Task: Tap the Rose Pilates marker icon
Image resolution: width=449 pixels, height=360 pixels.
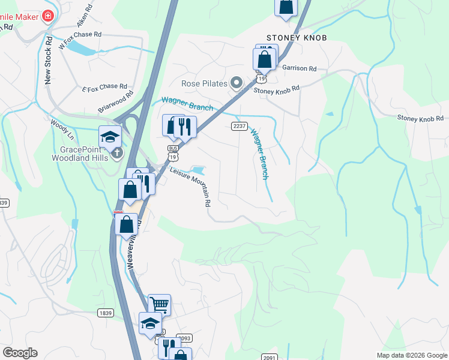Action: [x=237, y=83]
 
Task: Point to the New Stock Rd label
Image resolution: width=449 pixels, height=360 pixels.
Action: [x=49, y=59]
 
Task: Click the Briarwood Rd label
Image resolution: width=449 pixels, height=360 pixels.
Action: [x=115, y=102]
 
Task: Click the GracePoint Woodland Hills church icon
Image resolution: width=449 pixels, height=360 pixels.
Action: [x=117, y=152]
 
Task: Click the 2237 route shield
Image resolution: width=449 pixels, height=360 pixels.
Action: [x=239, y=125]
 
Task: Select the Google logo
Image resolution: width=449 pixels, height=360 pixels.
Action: [x=20, y=353]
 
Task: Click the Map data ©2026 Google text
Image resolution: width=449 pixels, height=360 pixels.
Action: [x=411, y=355]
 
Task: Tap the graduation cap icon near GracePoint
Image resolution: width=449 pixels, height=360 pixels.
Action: [x=110, y=137]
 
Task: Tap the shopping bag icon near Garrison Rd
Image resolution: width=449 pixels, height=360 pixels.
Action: [x=264, y=60]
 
